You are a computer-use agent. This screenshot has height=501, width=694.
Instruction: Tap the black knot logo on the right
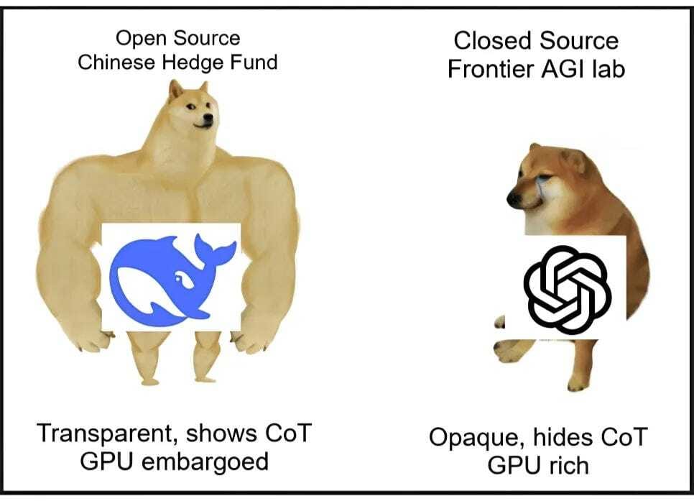567,290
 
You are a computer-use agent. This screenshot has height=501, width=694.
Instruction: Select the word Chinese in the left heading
117,62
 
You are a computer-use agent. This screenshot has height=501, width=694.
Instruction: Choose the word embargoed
205,461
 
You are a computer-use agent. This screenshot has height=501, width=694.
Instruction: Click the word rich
568,466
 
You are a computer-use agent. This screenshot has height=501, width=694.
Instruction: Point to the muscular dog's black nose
207,119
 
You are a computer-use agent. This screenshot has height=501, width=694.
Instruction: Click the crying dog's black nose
514,200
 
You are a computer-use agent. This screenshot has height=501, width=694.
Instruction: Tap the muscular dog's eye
191,106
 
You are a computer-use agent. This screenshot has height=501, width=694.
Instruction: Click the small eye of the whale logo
179,279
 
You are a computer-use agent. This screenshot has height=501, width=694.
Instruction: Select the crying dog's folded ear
574,161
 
